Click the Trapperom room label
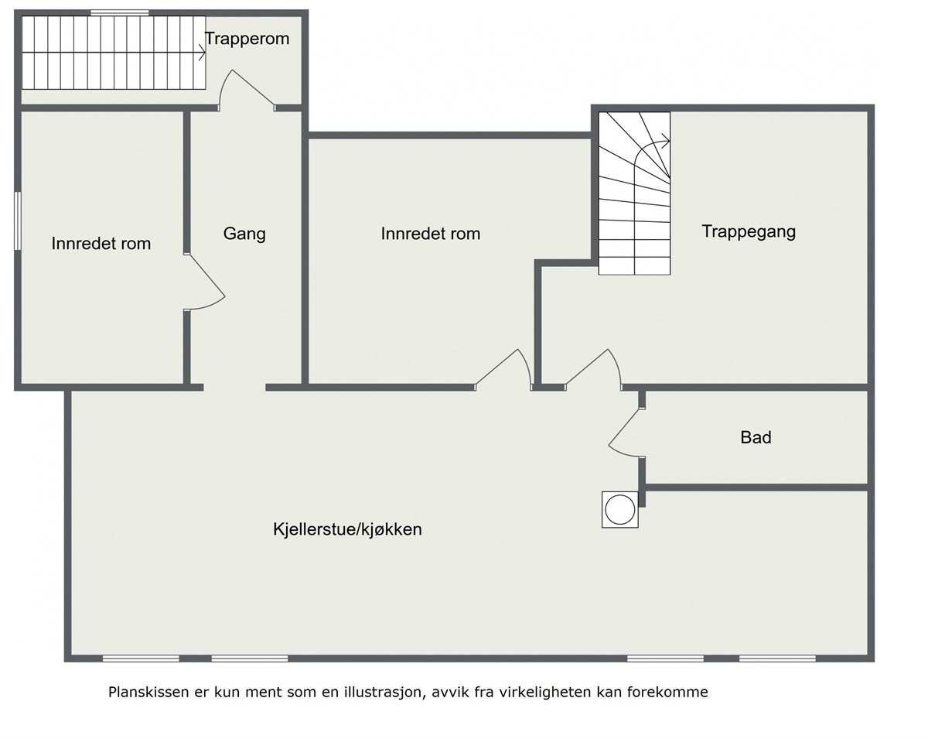point(247,39)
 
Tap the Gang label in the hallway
point(244,233)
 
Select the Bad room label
point(756,437)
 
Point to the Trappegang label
point(749,231)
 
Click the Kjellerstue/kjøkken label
point(347,529)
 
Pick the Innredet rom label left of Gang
point(101,243)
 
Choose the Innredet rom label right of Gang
point(430,233)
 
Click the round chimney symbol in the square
point(620,510)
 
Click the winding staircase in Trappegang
point(634,193)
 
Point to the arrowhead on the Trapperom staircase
point(202,53)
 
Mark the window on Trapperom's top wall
point(119,12)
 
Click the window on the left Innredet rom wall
point(17,221)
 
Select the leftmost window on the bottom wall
point(141,659)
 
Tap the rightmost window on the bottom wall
point(776,659)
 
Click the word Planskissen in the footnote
point(147,692)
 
